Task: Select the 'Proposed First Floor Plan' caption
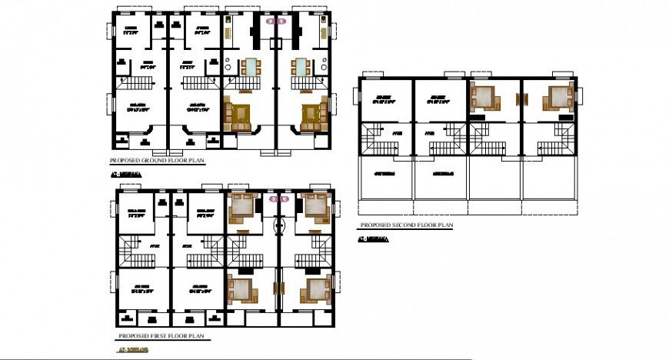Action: tap(163, 337)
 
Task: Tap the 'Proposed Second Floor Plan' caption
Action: tap(406, 225)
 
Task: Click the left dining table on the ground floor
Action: tap(251, 67)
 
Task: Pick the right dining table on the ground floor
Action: tap(301, 67)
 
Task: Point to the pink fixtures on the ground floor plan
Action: tap(275, 22)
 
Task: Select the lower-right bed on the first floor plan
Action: tap(317, 289)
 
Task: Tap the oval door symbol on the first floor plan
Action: tap(280, 226)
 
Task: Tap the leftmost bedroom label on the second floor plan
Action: tap(381, 98)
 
